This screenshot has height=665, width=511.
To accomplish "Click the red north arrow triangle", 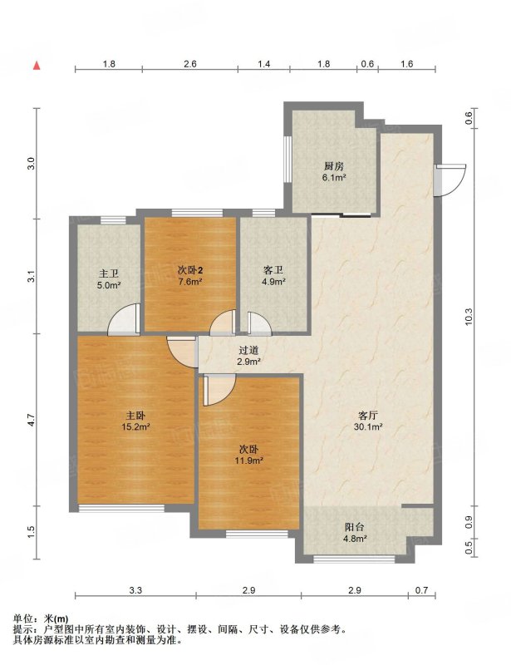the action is coord(37,66).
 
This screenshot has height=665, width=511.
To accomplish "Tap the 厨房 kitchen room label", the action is coord(334,166).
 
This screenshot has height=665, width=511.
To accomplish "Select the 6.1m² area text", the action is coord(334,178).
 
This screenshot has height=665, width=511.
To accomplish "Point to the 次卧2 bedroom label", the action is coord(189,269).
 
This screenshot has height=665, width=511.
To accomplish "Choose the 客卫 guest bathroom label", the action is coord(273,269).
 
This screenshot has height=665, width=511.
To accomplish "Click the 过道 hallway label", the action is coord(249,350).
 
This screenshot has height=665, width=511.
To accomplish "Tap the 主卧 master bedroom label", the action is coord(135,416).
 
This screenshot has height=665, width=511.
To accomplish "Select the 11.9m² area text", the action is coord(249,461).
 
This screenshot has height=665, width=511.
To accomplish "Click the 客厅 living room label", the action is coord(368,416).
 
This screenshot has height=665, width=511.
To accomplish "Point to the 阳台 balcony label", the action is coord(355,528).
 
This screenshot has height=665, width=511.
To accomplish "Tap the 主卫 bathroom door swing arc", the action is coord(123,319).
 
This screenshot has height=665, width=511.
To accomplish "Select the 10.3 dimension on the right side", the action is coord(469,317).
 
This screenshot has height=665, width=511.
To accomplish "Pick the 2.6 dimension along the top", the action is coord(190,64).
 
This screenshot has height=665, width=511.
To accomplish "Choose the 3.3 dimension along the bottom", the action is coord(135,590).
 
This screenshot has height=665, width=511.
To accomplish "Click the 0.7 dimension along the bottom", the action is coord(421,590).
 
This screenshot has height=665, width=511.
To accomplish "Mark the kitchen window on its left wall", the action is coord(287,159).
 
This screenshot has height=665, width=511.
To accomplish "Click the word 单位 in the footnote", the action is coord(22,619).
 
